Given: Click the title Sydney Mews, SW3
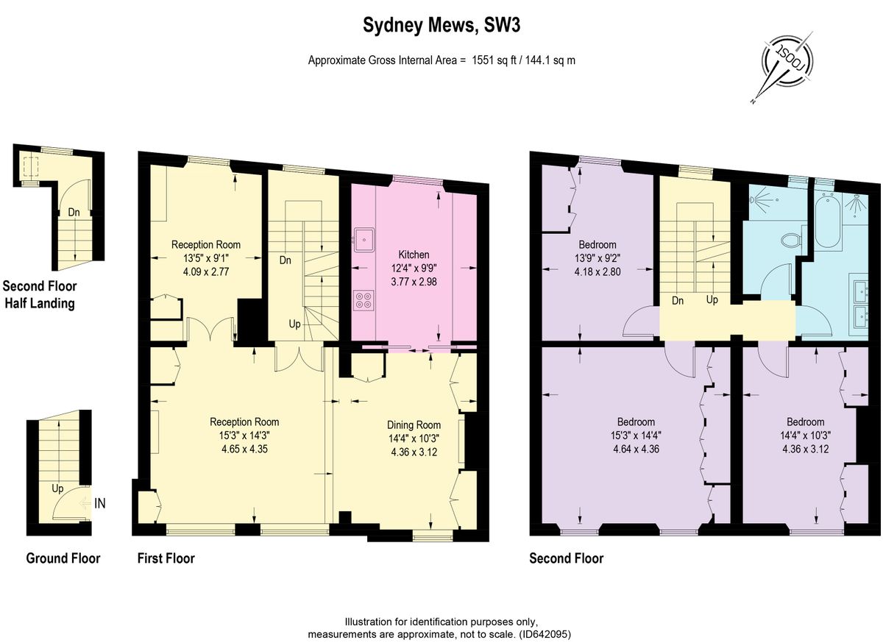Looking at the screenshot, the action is [x=441, y=25].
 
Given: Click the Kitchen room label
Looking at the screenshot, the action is [x=414, y=255].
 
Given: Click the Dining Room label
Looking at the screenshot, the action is [x=414, y=425].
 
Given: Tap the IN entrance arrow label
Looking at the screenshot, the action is [x=100, y=503].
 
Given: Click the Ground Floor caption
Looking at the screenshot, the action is [x=63, y=558].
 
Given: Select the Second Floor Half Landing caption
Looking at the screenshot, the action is [x=40, y=294].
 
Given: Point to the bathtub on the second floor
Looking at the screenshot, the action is [x=828, y=223].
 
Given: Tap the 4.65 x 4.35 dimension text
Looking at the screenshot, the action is [x=245, y=449].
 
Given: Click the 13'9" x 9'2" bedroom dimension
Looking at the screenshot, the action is [x=597, y=259].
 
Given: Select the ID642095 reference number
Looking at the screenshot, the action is [x=545, y=634].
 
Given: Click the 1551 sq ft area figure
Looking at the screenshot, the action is [x=494, y=60].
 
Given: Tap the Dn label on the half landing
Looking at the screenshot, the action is [x=74, y=213].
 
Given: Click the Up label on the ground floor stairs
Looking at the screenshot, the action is [x=57, y=489].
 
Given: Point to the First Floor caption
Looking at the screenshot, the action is [x=166, y=558].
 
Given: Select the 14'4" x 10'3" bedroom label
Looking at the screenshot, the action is [x=805, y=436].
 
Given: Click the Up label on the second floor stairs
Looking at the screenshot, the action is [x=712, y=300].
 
